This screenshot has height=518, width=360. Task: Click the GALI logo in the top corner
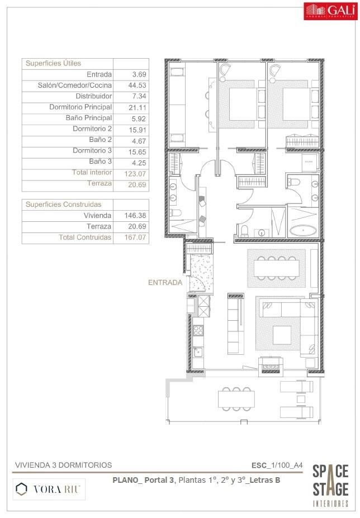(329, 11)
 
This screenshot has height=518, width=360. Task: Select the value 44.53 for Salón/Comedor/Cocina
(131, 85)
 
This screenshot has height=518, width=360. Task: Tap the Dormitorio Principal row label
(80, 107)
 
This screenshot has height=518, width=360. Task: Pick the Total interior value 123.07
(131, 173)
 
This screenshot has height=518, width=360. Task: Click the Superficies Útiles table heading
(53, 64)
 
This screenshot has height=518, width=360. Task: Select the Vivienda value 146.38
(131, 216)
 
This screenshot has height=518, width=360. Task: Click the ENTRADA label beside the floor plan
(165, 283)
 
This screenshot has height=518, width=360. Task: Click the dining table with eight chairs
(277, 268)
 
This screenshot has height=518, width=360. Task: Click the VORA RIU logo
(49, 490)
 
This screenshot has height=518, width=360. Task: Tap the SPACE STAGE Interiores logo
(330, 486)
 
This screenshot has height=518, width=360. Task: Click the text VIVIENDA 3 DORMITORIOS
(63, 465)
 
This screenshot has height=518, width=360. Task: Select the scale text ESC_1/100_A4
(277, 465)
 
